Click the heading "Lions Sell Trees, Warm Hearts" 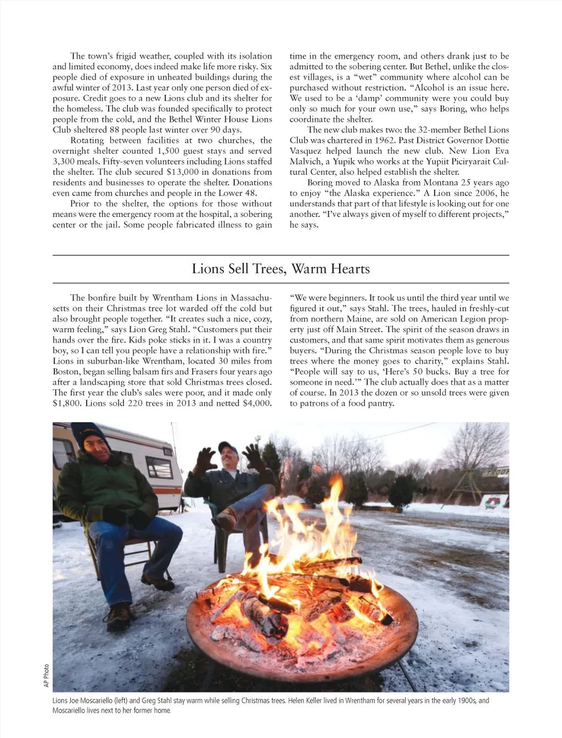click(280, 269)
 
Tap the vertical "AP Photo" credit click(47, 675)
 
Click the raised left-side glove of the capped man click(206, 460)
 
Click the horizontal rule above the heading click(280, 255)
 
